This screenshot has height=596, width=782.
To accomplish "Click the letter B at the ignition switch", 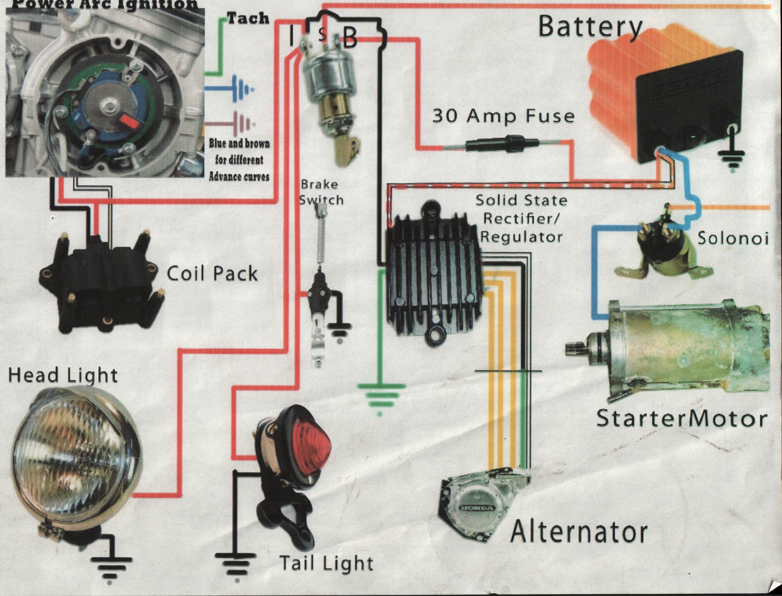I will click(x=349, y=38).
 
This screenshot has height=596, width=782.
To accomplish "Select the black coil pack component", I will click(x=101, y=280).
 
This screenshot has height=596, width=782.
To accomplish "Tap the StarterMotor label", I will click(x=680, y=419).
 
